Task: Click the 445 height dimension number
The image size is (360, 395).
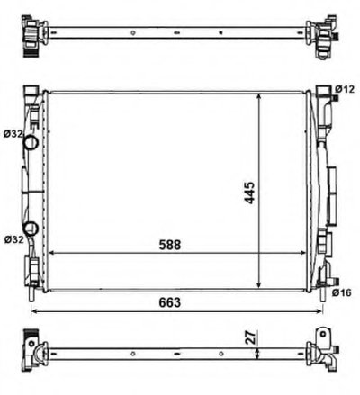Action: [249, 193]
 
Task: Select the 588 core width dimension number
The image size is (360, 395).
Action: [170, 245]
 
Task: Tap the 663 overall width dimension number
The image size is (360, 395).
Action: [170, 302]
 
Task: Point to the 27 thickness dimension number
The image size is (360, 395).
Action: [252, 337]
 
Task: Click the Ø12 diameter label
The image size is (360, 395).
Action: [345, 89]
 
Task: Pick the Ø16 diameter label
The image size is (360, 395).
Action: [341, 292]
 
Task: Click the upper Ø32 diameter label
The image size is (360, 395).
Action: [13, 134]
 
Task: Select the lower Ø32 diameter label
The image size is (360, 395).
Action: [14, 239]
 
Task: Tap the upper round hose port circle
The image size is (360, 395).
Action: [31, 142]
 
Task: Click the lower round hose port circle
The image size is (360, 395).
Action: [31, 229]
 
